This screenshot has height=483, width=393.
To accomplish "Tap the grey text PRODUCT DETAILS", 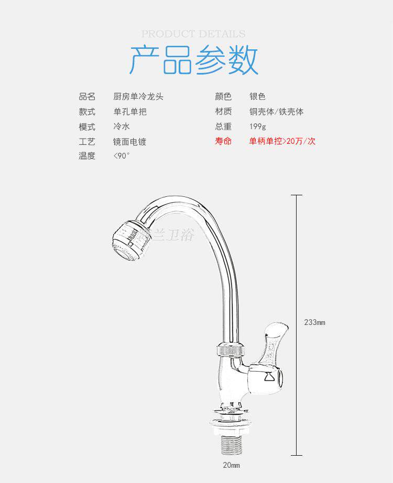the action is click(x=193, y=34).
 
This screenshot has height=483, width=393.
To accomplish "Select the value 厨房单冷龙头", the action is click(x=142, y=97).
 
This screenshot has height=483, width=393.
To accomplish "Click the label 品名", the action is click(x=87, y=97).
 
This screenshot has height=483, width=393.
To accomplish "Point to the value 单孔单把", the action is click(x=130, y=112).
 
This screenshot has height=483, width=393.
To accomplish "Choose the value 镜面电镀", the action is click(x=130, y=142).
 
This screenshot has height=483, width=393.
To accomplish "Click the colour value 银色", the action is click(x=258, y=97).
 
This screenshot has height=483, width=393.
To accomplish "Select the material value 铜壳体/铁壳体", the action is click(x=277, y=112).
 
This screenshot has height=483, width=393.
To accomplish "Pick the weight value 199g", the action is click(x=258, y=127).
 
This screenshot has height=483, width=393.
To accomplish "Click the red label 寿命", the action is click(x=223, y=141).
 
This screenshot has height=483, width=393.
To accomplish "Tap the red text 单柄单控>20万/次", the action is click(x=282, y=141).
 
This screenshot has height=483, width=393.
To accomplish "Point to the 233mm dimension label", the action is click(x=314, y=322).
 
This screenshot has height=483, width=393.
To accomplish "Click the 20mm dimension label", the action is click(x=231, y=465).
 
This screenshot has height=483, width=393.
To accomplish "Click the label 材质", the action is click(x=223, y=112).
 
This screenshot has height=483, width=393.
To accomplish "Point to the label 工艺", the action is click(x=87, y=142).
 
